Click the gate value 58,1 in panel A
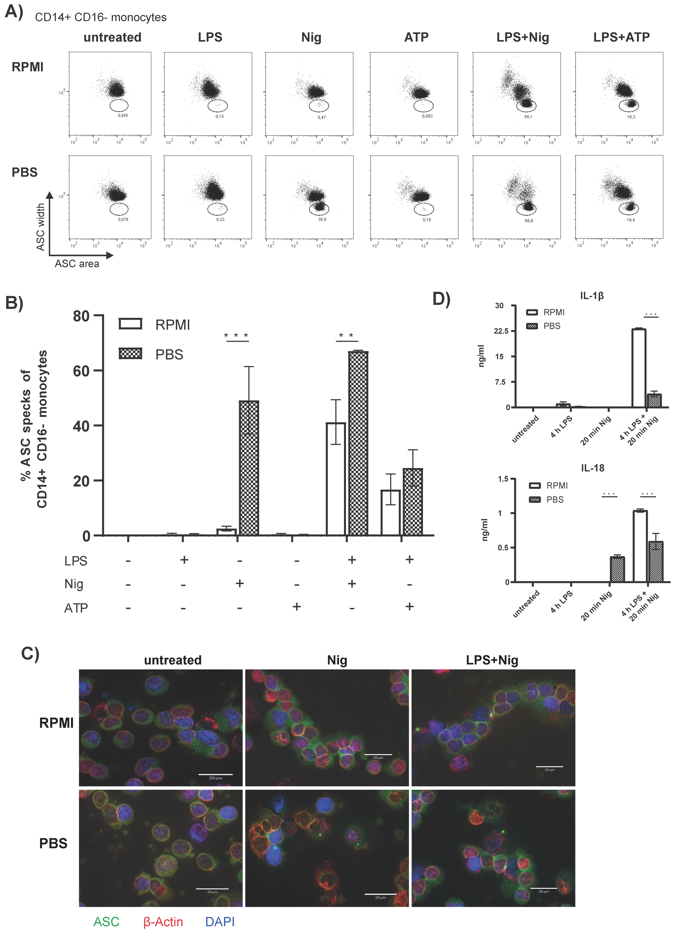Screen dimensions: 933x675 (528, 117)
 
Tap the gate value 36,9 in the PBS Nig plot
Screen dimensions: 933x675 (322, 220)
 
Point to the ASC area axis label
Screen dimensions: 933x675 (77, 264)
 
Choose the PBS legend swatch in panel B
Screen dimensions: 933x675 (130, 353)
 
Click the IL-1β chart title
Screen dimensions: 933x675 (592, 296)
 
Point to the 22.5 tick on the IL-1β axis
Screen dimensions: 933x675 (501, 331)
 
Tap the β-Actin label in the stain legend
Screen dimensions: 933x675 (163, 922)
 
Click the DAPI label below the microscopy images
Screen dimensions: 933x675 (220, 922)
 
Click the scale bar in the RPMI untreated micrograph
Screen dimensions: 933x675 (215, 774)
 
